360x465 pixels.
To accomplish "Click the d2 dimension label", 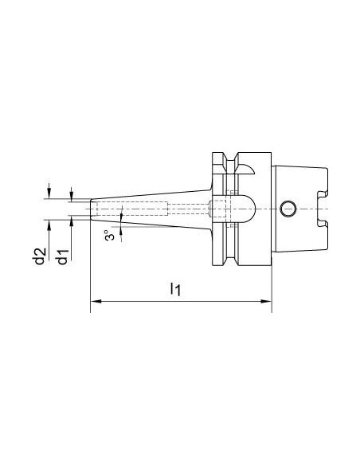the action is (40, 256).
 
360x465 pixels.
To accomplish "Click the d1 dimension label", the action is (63, 257).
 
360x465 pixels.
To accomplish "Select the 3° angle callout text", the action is (109, 235).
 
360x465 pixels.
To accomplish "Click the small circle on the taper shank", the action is (288, 209).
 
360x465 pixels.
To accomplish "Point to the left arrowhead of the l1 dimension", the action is (96, 301).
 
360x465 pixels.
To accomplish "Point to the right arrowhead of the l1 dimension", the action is (266, 301).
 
